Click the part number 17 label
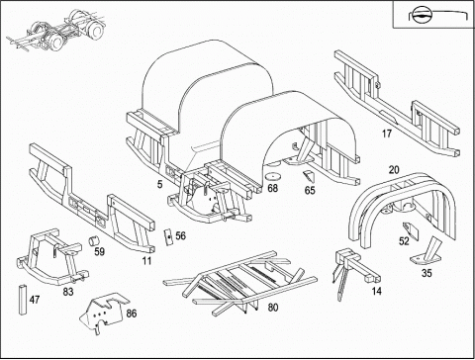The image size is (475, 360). (x=387, y=134)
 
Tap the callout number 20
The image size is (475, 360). (x=394, y=170)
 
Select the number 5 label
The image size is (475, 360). (x=160, y=184)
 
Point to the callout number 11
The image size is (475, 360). (x=146, y=261)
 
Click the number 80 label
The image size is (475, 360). (x=273, y=308)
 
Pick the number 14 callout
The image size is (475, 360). (x=377, y=291)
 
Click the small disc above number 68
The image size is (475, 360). (x=273, y=176)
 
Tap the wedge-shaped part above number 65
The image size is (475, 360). (x=309, y=176)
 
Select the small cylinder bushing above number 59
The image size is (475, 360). (x=94, y=240)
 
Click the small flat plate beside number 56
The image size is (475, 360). (x=168, y=236)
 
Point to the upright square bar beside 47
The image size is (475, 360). (x=23, y=300)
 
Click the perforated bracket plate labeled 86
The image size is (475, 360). (x=103, y=313)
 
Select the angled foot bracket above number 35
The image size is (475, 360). (x=426, y=252)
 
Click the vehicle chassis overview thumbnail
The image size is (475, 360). (x=56, y=32)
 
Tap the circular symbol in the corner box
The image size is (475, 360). (x=420, y=15)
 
